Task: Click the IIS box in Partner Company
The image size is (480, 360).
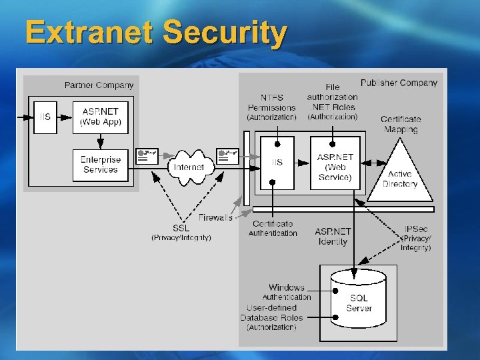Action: click(x=45, y=116)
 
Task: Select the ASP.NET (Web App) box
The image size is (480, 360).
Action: click(x=99, y=116)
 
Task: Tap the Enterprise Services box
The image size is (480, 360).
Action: click(x=99, y=165)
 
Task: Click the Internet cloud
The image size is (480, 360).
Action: click(x=189, y=167)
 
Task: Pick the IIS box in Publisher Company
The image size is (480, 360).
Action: click(x=276, y=163)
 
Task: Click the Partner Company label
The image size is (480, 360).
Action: click(x=99, y=85)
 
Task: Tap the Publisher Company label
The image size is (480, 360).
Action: click(x=399, y=83)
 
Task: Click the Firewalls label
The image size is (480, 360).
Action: click(x=215, y=217)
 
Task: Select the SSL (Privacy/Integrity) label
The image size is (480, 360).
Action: click(x=181, y=233)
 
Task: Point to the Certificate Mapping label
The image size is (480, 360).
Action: click(x=401, y=125)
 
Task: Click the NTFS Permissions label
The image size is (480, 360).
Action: click(x=271, y=107)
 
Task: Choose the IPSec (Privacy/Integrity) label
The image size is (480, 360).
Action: click(x=416, y=238)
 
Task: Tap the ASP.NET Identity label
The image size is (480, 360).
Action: click(x=333, y=237)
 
